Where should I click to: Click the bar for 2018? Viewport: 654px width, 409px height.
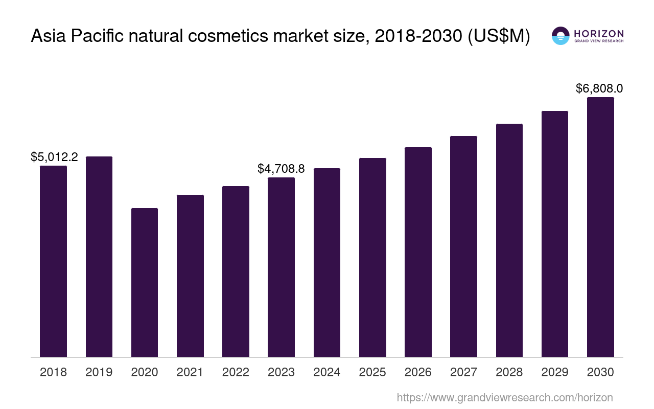pos(53,261)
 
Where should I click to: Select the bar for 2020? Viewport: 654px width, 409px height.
pos(145,282)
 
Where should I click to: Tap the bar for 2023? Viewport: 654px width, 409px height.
pos(281,267)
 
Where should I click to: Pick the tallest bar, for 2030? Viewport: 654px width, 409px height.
pos(600,227)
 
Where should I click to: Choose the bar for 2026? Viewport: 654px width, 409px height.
pos(418,252)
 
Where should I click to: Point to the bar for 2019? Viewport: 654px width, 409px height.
pos(99,257)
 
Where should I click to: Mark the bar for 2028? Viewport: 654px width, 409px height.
pos(509,240)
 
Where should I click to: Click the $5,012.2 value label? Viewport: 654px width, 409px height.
pos(54,157)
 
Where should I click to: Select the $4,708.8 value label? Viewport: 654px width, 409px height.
pos(281,169)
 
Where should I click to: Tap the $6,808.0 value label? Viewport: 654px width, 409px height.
pos(599,88)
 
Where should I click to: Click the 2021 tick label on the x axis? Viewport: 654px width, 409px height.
pos(190,372)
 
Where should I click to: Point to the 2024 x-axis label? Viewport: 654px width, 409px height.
pos(327,372)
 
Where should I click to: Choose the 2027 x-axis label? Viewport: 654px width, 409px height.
pos(463,372)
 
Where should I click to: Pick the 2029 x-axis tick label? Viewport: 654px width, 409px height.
pos(555,372)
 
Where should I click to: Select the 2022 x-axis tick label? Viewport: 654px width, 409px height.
pos(236,372)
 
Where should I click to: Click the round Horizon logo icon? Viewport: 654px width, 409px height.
pos(560,36)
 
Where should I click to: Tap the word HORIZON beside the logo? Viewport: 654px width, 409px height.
pos(599,33)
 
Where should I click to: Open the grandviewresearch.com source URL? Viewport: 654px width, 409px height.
pos(504,397)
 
